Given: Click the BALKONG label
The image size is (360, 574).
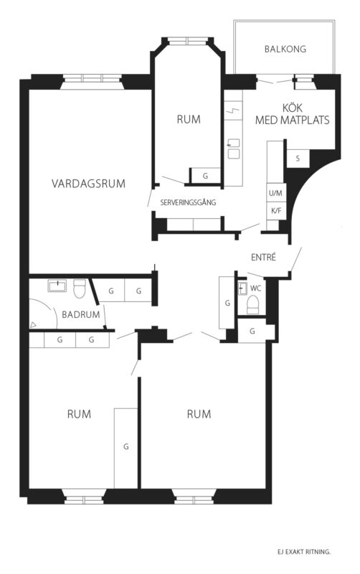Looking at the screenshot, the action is (x=285, y=49).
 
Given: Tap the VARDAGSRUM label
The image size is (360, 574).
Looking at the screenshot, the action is (x=88, y=184).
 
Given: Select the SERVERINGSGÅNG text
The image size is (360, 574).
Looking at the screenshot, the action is (x=188, y=202).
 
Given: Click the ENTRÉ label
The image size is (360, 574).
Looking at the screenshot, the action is (x=263, y=258).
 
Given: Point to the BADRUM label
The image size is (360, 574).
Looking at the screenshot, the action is (x=81, y=314).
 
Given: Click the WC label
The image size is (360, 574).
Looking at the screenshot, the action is (x=256, y=288).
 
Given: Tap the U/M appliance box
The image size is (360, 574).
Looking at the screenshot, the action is (x=276, y=192).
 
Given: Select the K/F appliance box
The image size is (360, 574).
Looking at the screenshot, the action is (x=276, y=211).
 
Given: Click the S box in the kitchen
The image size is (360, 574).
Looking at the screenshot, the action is (x=298, y=159).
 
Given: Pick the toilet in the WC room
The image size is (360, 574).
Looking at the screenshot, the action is (x=253, y=304).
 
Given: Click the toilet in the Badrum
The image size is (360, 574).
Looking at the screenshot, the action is (x=80, y=288).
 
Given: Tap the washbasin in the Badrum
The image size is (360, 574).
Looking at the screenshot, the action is (x=57, y=286).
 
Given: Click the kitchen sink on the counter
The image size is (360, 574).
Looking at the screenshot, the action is (x=233, y=149).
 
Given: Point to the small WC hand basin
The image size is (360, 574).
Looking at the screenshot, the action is (x=242, y=288).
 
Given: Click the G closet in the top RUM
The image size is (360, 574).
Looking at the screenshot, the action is (x=205, y=176).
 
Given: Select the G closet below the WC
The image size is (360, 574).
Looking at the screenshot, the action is (x=252, y=331).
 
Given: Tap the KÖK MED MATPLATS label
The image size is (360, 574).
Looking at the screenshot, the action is (x=293, y=114).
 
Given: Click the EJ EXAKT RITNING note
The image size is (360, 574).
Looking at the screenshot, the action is (x=304, y=552).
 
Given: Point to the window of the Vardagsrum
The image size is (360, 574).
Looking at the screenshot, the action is (x=92, y=79).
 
